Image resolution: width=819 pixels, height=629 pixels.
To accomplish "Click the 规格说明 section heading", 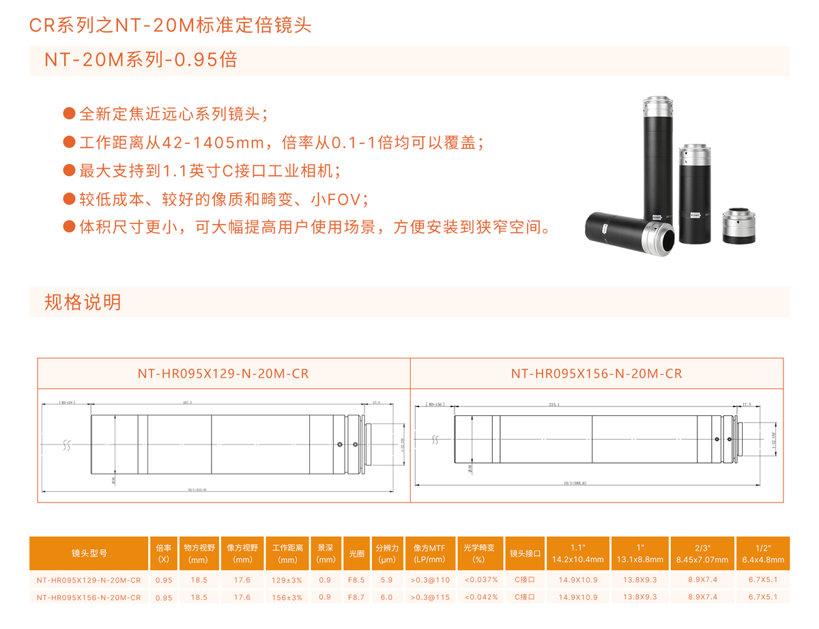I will click(x=83, y=302).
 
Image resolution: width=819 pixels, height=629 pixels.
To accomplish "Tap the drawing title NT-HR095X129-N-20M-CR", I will click(x=223, y=374).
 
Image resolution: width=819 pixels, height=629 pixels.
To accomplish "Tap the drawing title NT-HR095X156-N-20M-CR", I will click(x=597, y=374).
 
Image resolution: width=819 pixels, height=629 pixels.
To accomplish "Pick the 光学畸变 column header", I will click(x=478, y=553).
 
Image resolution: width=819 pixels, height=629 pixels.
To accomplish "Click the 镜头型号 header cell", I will click(x=89, y=553).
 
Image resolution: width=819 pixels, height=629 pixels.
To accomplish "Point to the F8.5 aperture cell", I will click(x=356, y=580).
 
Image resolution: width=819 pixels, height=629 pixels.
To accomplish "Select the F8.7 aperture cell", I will click(x=356, y=597).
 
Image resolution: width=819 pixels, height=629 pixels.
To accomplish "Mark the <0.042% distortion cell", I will click(x=478, y=597).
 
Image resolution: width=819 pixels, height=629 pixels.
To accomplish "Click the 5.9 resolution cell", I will click(x=387, y=580).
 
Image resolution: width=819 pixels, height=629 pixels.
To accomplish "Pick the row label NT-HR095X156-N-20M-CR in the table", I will click(x=89, y=597).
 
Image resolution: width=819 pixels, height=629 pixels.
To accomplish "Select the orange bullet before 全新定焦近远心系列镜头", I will click(x=69, y=113).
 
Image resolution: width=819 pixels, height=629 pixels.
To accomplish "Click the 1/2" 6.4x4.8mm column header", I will click(x=763, y=553).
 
